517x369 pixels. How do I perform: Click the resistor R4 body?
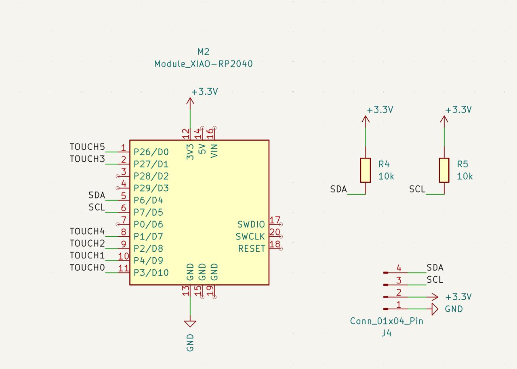point(366,170)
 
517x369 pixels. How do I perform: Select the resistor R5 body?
point(444,170)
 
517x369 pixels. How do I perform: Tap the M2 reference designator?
point(204,52)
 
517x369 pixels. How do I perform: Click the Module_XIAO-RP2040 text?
point(204,64)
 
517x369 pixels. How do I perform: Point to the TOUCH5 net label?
point(87,147)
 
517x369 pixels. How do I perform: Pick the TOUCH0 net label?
point(87,268)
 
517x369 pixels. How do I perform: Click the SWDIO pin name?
point(251,225)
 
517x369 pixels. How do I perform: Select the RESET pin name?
point(252,249)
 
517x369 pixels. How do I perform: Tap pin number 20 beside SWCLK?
point(275,232)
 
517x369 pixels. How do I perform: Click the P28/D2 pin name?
point(151,176)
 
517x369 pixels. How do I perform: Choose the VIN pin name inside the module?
point(214,150)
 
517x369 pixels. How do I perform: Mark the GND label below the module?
point(190,342)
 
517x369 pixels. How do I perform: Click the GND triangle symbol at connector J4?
point(435,309)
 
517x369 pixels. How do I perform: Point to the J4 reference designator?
point(387,334)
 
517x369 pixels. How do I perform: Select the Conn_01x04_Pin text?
point(387,321)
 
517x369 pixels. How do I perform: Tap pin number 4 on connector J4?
point(399,268)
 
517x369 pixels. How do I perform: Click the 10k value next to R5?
point(465,176)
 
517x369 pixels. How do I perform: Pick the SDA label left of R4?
point(338,189)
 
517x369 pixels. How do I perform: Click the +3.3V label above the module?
point(205,92)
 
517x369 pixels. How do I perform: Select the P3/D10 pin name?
point(151,273)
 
